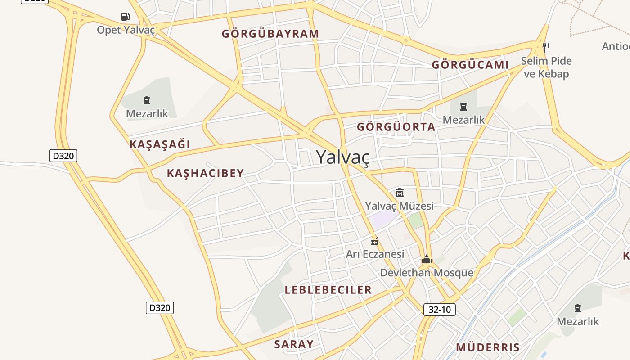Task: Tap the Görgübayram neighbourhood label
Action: click(x=270, y=34)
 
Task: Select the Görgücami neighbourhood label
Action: click(x=470, y=65)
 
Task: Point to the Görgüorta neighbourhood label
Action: click(x=396, y=127)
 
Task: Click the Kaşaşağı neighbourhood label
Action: click(x=160, y=144)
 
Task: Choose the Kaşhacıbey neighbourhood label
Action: click(x=205, y=173)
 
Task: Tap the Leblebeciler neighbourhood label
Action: click(x=328, y=290)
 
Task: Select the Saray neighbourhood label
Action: click(x=294, y=345)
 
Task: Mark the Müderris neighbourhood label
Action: click(x=488, y=347)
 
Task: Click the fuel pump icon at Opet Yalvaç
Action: click(x=126, y=17)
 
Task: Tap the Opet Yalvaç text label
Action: click(x=126, y=30)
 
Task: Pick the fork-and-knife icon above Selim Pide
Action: click(x=546, y=47)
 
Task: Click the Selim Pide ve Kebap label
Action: click(x=546, y=67)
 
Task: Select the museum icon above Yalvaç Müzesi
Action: click(x=399, y=193)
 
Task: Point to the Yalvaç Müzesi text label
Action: click(x=399, y=206)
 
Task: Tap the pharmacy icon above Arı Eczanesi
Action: click(x=375, y=241)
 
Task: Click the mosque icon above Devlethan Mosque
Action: click(x=426, y=259)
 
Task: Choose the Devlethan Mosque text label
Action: click(x=427, y=273)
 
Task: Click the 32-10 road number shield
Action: click(x=440, y=310)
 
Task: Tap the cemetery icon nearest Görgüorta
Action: click(x=463, y=107)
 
